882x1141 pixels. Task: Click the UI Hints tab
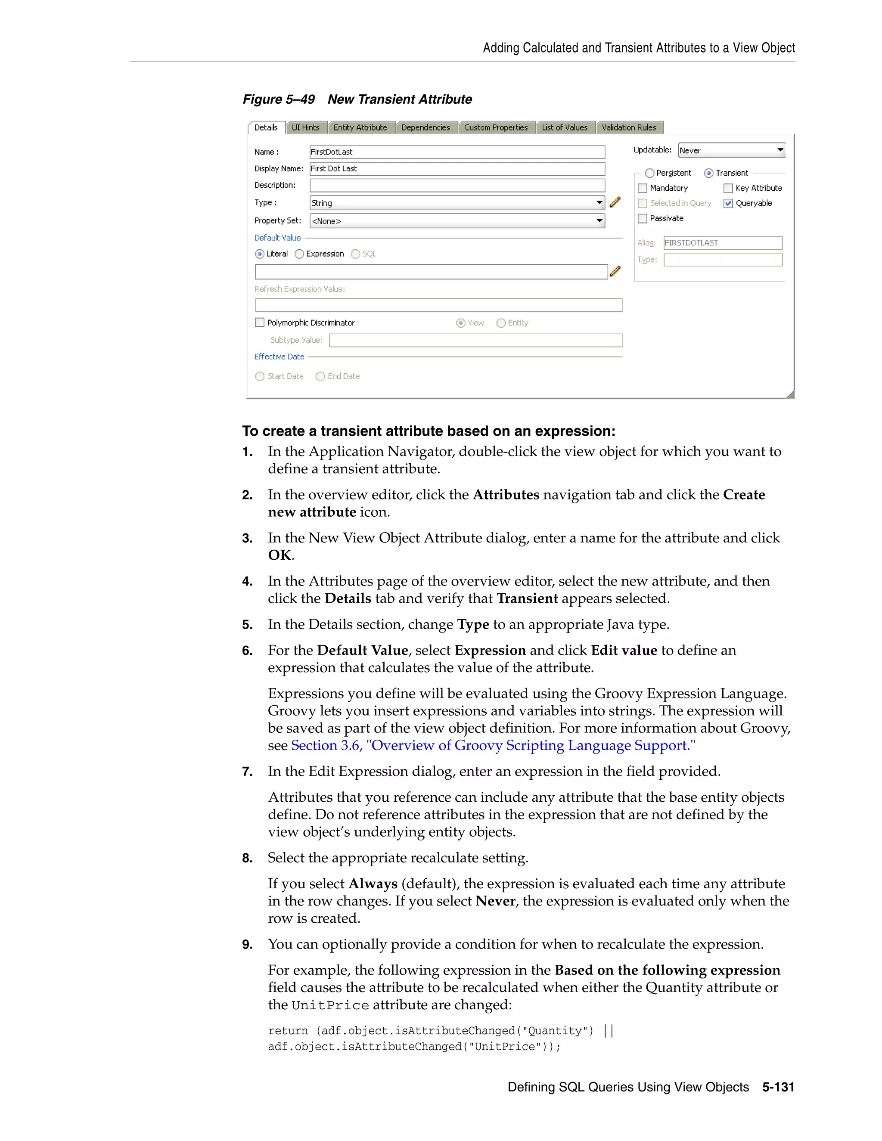(x=306, y=127)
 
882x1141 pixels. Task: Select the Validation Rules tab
(x=629, y=127)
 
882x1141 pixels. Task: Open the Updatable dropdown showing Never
(x=731, y=150)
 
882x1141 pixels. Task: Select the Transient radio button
(x=708, y=173)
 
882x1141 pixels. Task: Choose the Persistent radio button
(x=649, y=173)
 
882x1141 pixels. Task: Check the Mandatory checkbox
(x=643, y=188)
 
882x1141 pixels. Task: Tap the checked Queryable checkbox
(x=728, y=203)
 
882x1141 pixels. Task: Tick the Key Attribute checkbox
(x=728, y=188)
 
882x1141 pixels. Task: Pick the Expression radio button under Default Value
(x=299, y=254)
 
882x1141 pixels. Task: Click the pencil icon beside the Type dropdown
(x=615, y=202)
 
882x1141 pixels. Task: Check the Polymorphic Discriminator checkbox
(x=260, y=323)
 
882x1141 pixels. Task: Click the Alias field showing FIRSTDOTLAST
(x=722, y=243)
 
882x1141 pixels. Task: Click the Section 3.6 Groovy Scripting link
(x=493, y=745)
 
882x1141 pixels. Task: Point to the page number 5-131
(x=778, y=1087)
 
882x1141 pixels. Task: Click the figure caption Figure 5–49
(x=279, y=99)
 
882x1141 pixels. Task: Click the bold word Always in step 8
(x=373, y=884)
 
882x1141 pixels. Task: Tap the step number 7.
(x=247, y=772)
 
